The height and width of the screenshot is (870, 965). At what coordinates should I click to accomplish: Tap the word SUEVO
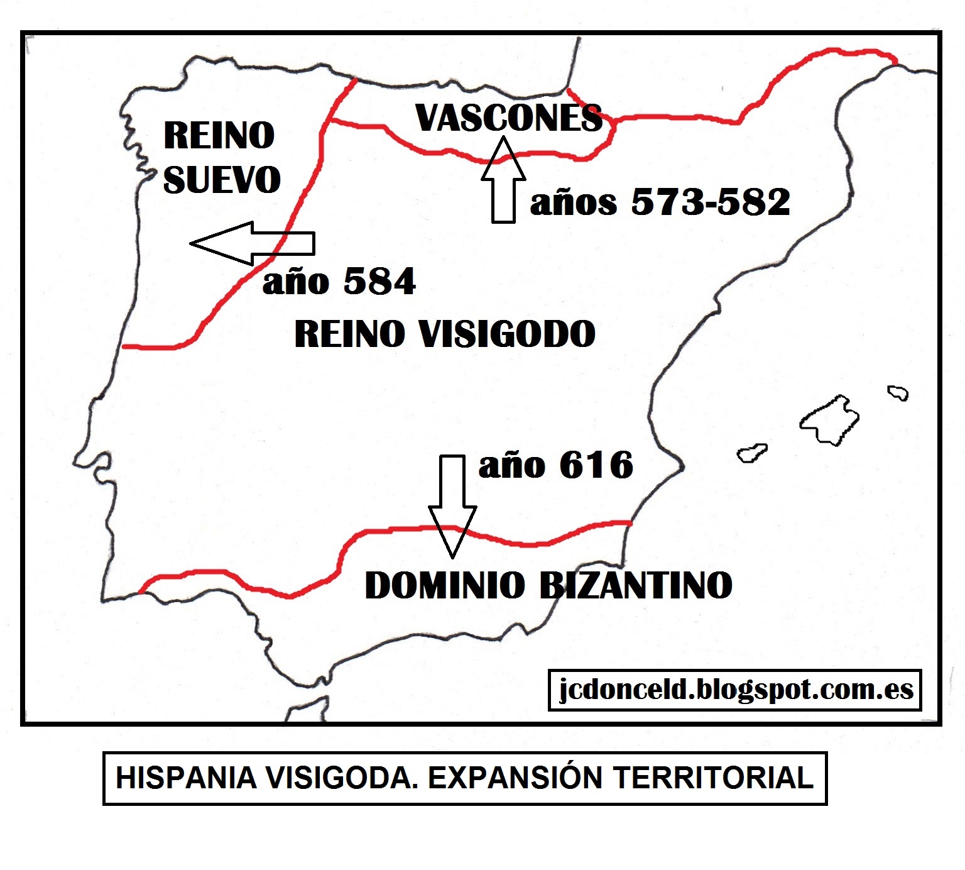[222, 180]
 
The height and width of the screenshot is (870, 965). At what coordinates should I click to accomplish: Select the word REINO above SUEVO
[219, 135]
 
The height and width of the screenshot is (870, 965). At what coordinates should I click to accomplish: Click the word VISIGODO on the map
[507, 334]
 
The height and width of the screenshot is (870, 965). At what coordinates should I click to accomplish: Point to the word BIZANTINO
[636, 585]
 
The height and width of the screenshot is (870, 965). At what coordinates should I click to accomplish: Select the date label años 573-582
[660, 202]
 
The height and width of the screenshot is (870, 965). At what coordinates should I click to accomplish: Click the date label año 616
[556, 466]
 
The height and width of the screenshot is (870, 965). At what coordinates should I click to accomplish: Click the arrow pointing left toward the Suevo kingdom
[251, 243]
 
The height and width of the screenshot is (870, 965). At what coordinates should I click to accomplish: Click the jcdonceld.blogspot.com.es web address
[735, 690]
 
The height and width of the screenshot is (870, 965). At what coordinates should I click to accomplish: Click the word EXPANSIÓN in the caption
[516, 778]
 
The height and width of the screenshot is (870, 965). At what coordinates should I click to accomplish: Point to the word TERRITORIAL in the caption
[713, 778]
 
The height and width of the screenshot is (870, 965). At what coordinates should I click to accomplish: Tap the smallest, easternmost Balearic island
[898, 394]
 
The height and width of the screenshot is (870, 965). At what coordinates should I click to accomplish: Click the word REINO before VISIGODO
[349, 334]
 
